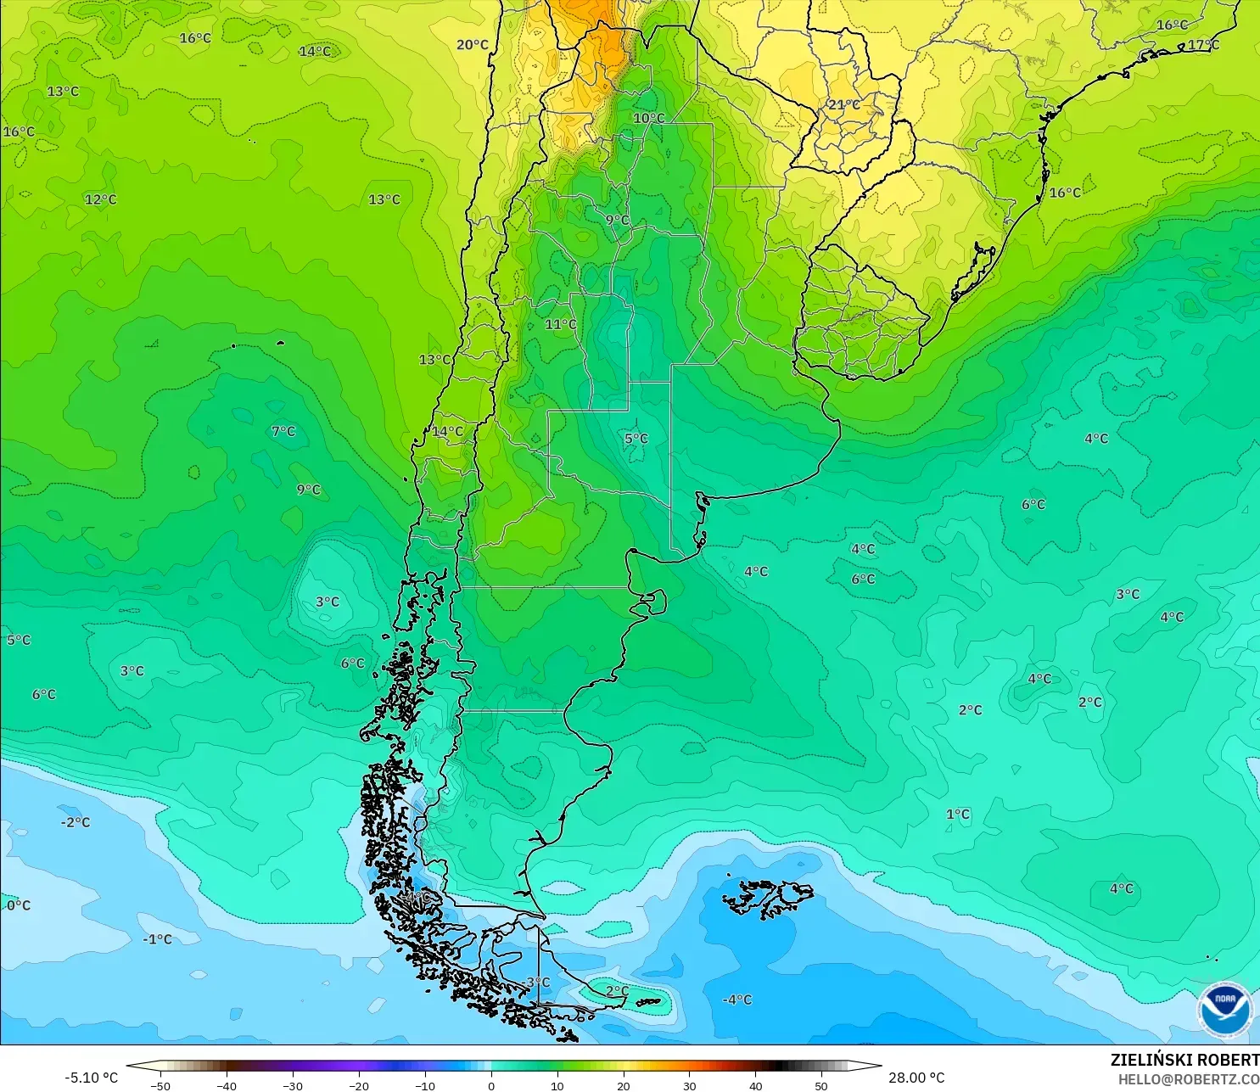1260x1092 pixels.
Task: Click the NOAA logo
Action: tap(1225, 1009)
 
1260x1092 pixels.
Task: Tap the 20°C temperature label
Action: tap(473, 45)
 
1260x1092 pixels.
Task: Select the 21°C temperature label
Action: tap(843, 104)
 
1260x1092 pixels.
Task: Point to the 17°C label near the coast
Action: tap(1203, 45)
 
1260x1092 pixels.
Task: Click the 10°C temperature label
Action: tap(649, 118)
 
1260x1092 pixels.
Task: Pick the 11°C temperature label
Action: tap(561, 324)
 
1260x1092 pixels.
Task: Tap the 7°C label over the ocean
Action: tap(283, 431)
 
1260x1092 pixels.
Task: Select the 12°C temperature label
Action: tap(100, 199)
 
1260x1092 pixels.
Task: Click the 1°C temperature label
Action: tap(958, 814)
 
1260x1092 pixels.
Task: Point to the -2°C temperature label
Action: tap(75, 822)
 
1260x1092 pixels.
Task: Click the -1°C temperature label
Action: tap(157, 939)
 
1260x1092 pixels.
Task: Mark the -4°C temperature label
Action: tap(736, 1000)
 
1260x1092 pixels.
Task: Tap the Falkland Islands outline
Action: tap(768, 898)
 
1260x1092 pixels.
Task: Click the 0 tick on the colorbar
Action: tap(491, 1085)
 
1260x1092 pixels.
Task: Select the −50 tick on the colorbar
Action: tap(160, 1085)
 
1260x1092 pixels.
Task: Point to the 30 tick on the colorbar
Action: tap(689, 1085)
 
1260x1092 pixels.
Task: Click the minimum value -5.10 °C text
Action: tap(91, 1078)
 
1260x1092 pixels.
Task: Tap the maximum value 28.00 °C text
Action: tap(916, 1078)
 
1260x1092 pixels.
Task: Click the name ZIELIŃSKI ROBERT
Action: tap(1184, 1060)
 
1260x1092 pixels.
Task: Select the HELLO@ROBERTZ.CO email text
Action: tap(1188, 1079)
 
